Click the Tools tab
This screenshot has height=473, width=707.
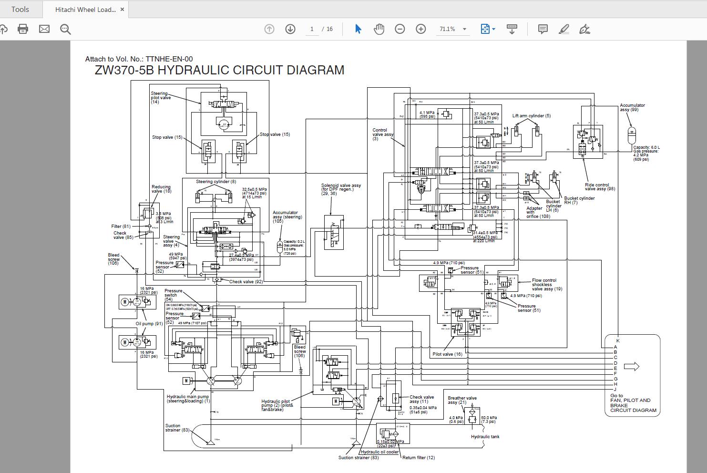[20, 10]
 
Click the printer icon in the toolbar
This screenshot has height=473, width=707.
[22, 29]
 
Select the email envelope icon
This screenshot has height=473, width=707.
[44, 29]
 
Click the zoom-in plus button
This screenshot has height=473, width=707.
[420, 29]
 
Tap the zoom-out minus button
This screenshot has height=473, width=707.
[400, 29]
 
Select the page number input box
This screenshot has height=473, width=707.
[312, 29]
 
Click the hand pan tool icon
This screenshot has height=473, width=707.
[379, 29]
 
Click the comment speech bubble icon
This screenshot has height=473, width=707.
[543, 29]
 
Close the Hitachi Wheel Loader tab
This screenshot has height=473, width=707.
[122, 10]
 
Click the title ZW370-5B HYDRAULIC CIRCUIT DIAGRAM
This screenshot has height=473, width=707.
[219, 70]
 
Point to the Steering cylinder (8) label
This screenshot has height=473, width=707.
[215, 182]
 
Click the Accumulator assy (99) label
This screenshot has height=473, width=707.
[632, 107]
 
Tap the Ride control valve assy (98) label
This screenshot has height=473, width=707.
[600, 187]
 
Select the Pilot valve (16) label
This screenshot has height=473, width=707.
[447, 354]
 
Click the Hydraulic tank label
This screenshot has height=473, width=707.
[485, 437]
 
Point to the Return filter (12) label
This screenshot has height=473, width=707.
[418, 458]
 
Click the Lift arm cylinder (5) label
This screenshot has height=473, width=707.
[531, 116]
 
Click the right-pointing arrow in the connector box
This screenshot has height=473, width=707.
[631, 367]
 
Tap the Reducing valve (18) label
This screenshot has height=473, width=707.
[161, 189]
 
